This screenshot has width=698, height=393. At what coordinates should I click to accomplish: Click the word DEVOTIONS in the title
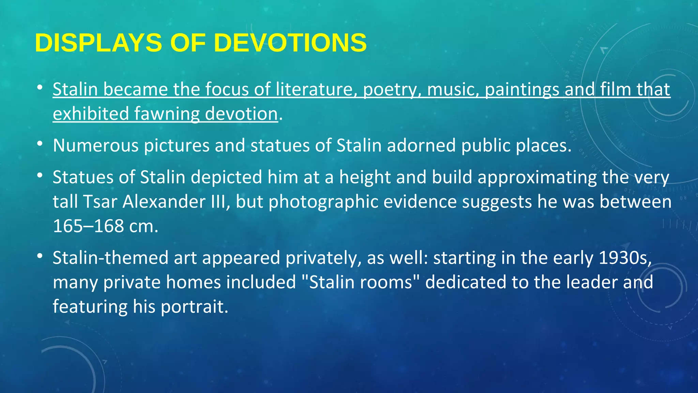pyautogui.click(x=290, y=43)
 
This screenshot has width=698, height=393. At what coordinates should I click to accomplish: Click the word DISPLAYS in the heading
pyautogui.click(x=98, y=43)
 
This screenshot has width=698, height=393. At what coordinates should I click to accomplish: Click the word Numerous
pyautogui.click(x=96, y=146)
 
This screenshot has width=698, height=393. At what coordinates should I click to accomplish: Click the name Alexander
pyautogui.click(x=164, y=202)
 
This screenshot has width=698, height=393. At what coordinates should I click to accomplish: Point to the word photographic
pyautogui.click(x=323, y=202)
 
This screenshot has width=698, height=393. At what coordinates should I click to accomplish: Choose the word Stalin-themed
pyautogui.click(x=110, y=258)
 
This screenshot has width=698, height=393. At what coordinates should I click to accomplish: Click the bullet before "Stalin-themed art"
pyautogui.click(x=40, y=256)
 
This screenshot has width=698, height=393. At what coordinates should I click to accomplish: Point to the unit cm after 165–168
pyautogui.click(x=143, y=226)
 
